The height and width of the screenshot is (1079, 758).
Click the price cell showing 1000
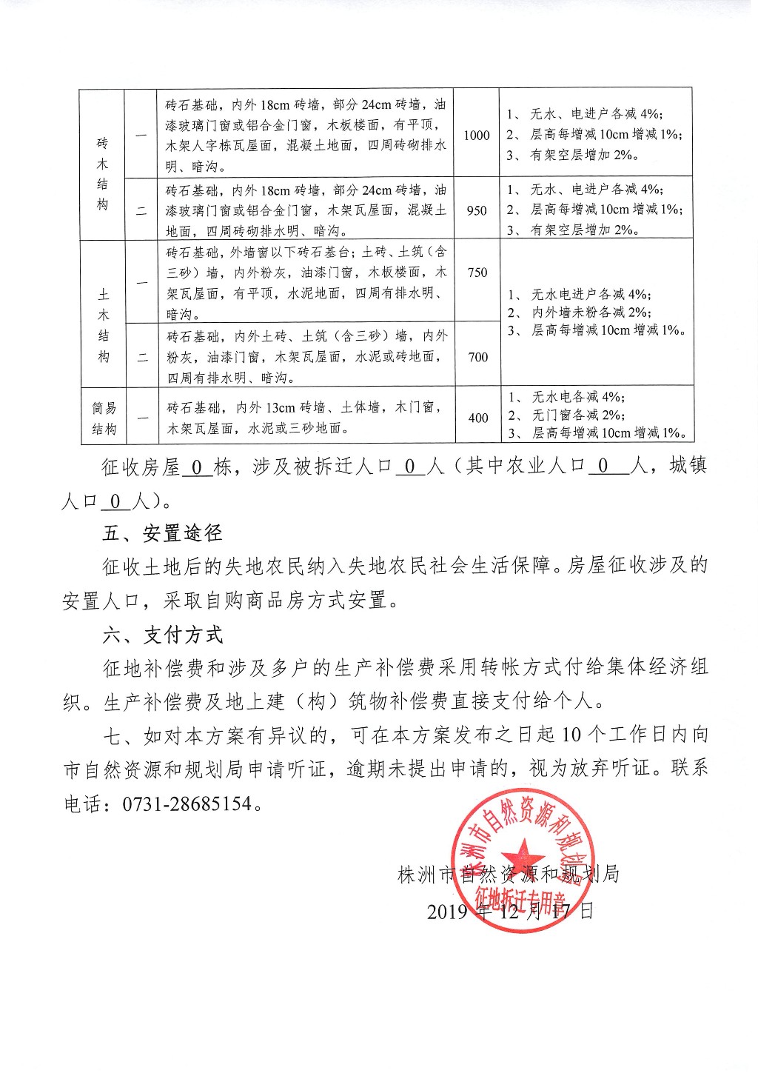477,136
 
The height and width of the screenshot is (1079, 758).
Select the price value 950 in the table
477,210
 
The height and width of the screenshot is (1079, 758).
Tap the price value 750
477,273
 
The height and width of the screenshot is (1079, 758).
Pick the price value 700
477,357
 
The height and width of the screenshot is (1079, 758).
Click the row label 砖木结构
102,174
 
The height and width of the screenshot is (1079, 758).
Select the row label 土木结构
103,315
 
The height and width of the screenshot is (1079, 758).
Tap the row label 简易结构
104,418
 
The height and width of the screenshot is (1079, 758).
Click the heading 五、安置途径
162,533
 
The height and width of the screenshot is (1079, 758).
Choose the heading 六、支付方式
162,635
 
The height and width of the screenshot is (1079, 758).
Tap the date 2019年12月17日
510,910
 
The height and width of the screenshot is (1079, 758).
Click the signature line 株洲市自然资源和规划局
509,875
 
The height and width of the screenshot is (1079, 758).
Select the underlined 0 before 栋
196,467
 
